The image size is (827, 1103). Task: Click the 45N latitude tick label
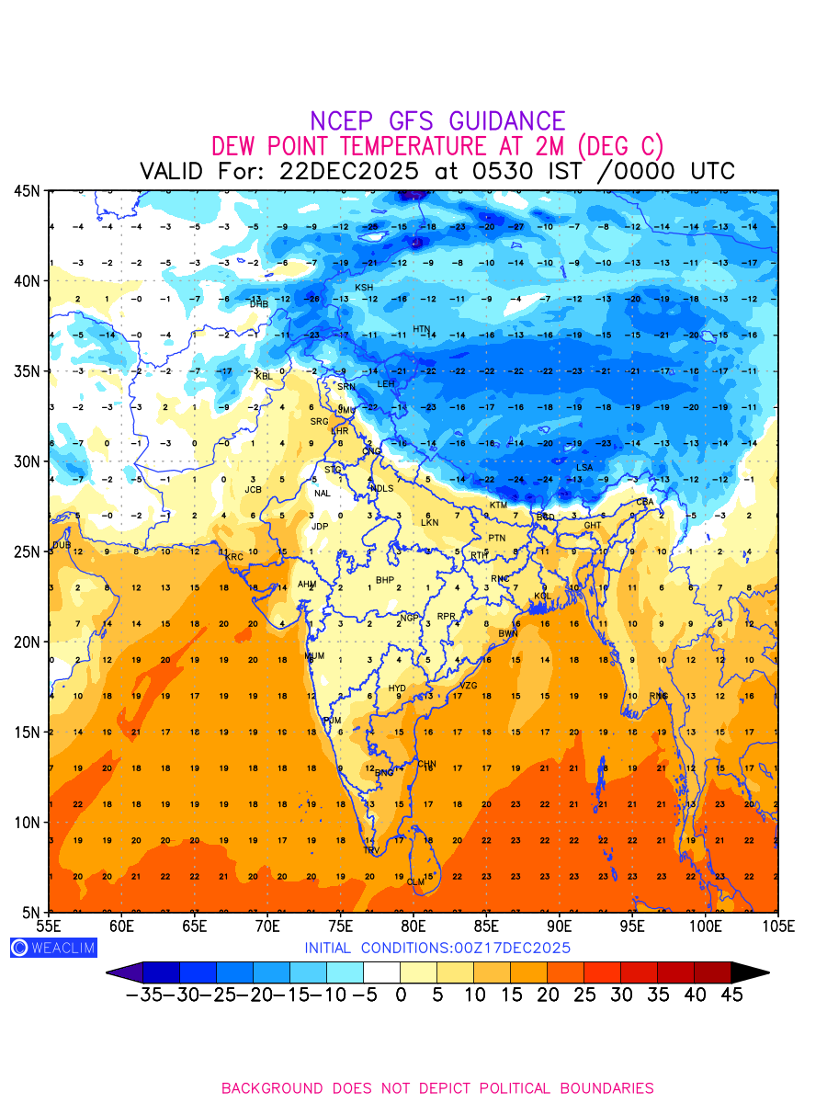(x=27, y=190)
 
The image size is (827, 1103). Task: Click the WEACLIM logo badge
(x=52, y=948)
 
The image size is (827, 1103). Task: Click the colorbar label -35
(x=143, y=994)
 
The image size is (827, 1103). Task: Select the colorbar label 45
(x=731, y=994)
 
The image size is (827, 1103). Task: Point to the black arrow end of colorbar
(x=750, y=972)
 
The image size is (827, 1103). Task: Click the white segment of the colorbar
(x=381, y=972)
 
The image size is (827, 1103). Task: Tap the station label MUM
(x=314, y=656)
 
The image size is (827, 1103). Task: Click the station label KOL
(x=543, y=597)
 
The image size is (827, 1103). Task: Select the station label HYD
(x=397, y=688)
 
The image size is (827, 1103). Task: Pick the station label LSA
(x=584, y=468)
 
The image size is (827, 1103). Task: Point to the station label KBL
(x=264, y=376)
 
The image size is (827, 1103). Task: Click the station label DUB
(x=61, y=545)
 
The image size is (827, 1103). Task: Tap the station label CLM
(x=416, y=882)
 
